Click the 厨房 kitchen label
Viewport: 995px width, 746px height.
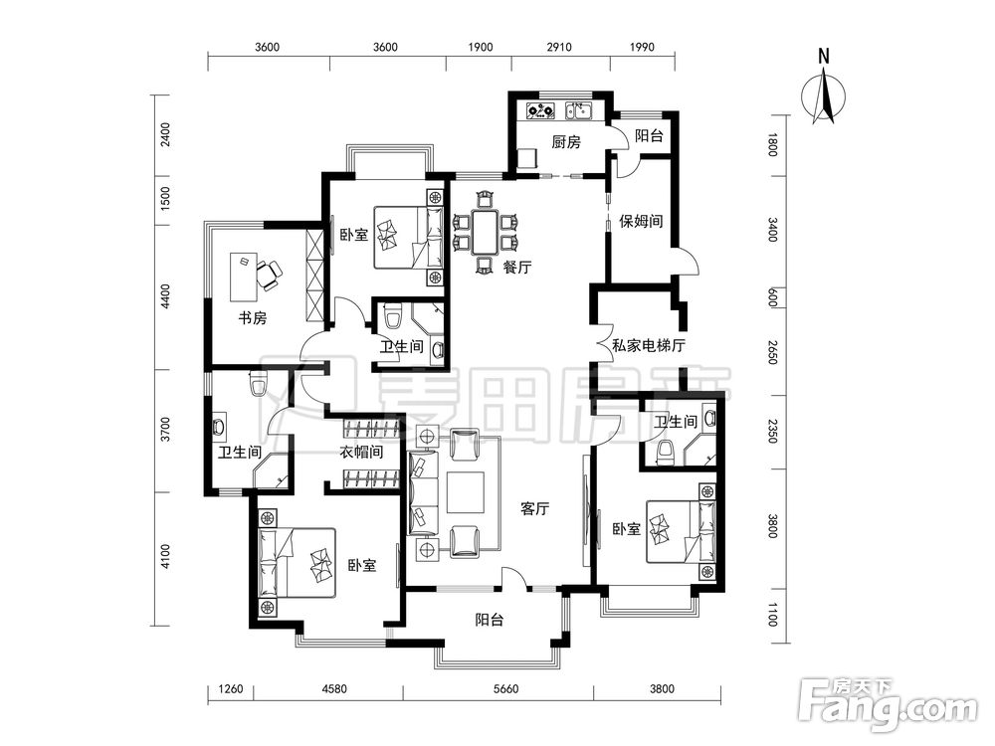(x=566, y=141)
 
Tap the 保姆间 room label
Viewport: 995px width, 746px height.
(x=641, y=222)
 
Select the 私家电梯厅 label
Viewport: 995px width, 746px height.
(x=649, y=346)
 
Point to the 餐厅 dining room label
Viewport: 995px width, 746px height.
(x=517, y=268)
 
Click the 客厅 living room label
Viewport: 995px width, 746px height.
(x=535, y=508)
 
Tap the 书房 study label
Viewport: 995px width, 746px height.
(x=253, y=318)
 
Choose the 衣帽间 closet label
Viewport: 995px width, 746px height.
(x=362, y=453)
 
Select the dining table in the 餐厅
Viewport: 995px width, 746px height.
(x=486, y=233)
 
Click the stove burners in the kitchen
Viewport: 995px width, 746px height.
(x=540, y=111)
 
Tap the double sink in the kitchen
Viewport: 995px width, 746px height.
(x=579, y=111)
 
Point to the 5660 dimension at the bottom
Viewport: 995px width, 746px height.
(x=505, y=689)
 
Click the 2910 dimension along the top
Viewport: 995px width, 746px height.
(x=558, y=47)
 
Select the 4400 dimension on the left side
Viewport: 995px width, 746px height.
(x=165, y=296)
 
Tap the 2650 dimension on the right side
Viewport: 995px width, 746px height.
(x=772, y=352)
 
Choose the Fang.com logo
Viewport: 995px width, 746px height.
(x=888, y=704)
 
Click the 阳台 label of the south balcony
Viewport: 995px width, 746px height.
(x=490, y=620)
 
